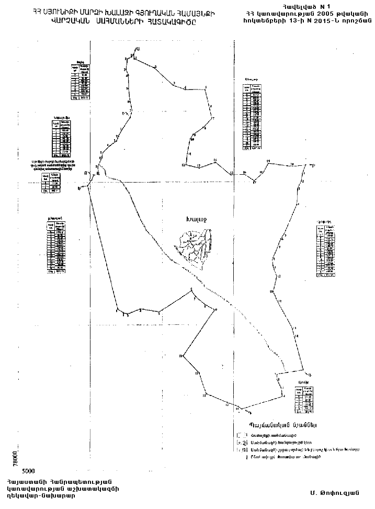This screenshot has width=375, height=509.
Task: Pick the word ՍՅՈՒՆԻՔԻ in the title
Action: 64,11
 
